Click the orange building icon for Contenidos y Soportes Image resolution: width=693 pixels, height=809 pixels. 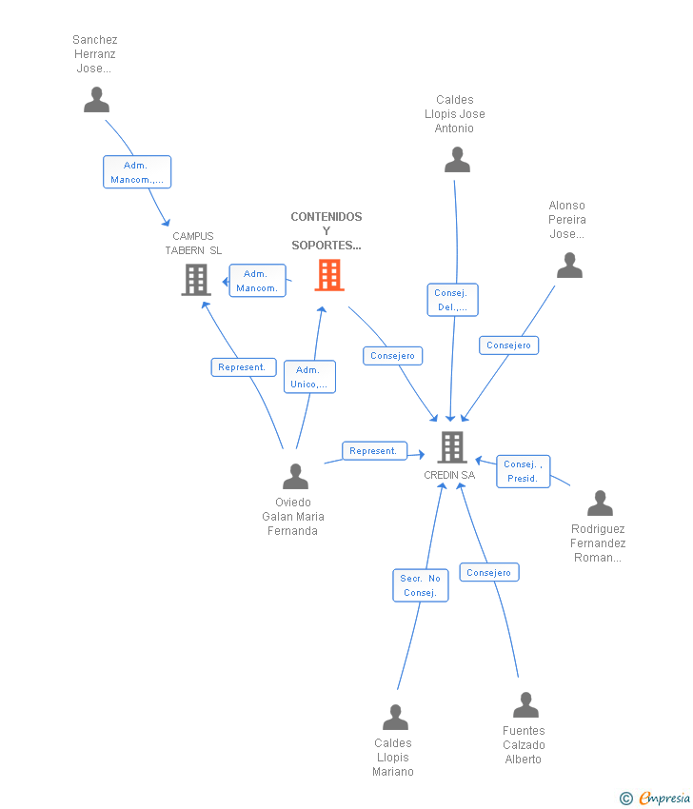[x=329, y=275]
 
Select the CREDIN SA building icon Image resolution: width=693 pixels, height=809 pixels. [x=451, y=446]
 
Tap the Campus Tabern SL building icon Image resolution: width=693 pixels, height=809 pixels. [x=195, y=280]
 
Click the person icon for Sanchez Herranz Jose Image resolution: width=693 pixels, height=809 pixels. [x=96, y=100]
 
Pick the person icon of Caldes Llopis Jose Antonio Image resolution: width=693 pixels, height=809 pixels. [x=457, y=160]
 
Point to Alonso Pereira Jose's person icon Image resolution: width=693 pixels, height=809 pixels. [x=569, y=266]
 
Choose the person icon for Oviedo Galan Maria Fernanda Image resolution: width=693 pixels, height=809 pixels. [x=295, y=476]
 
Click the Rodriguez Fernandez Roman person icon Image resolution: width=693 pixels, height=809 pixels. [x=600, y=503]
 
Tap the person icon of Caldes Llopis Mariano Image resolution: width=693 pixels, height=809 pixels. [x=395, y=717]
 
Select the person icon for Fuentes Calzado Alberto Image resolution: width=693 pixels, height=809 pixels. [x=525, y=705]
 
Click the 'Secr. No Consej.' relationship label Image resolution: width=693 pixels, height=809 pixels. [x=420, y=585]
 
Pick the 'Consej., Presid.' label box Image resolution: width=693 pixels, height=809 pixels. [x=523, y=471]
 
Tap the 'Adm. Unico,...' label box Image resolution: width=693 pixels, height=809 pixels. [x=309, y=377]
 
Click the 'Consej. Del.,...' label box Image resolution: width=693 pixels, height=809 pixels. [x=451, y=300]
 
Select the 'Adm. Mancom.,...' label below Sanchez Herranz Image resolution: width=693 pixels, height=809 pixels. [x=137, y=172]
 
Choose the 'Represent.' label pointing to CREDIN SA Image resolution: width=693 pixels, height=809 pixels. [x=374, y=451]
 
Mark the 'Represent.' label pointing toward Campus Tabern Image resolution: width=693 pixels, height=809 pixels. [x=244, y=367]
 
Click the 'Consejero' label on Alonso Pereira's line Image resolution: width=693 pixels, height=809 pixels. [x=508, y=345]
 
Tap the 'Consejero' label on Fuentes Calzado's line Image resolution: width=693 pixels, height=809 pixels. [x=489, y=572]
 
